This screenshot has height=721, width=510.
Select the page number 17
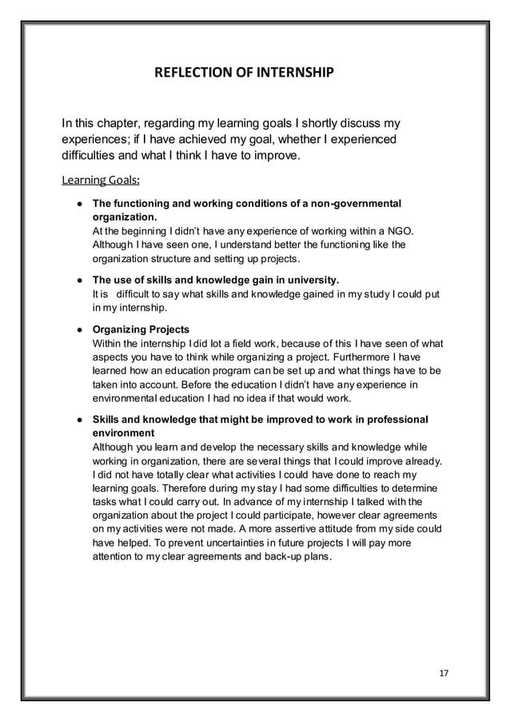pos(444,672)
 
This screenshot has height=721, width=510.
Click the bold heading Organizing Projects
pos(141,329)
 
